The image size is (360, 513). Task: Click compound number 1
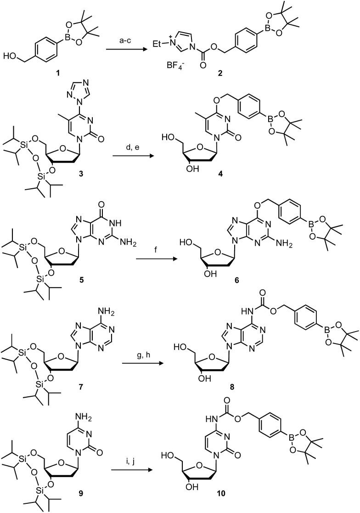pos(54,76)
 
